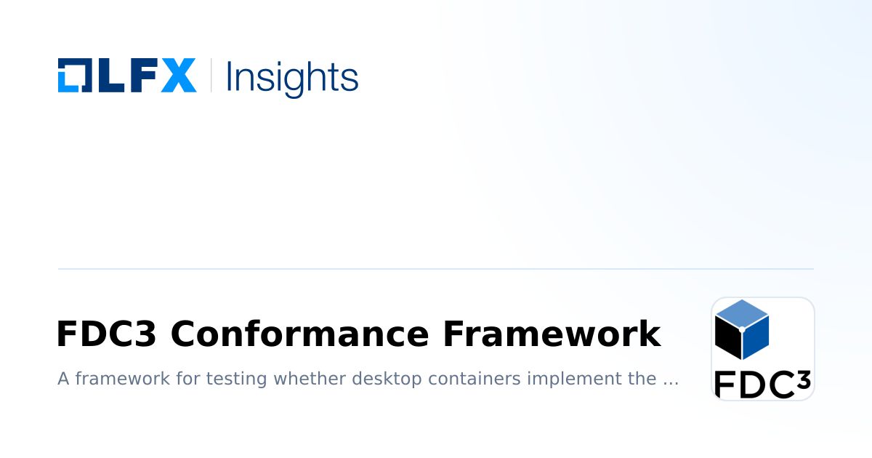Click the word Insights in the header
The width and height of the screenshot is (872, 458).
(292, 76)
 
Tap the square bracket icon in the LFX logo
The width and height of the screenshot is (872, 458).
(73, 76)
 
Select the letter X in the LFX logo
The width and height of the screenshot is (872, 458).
(179, 76)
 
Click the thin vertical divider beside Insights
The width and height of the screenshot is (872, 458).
(211, 76)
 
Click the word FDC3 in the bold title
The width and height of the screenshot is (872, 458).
(105, 334)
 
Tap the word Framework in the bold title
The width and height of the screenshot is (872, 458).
(552, 334)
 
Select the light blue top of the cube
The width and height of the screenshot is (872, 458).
(742, 314)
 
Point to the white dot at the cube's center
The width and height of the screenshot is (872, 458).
(742, 329)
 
